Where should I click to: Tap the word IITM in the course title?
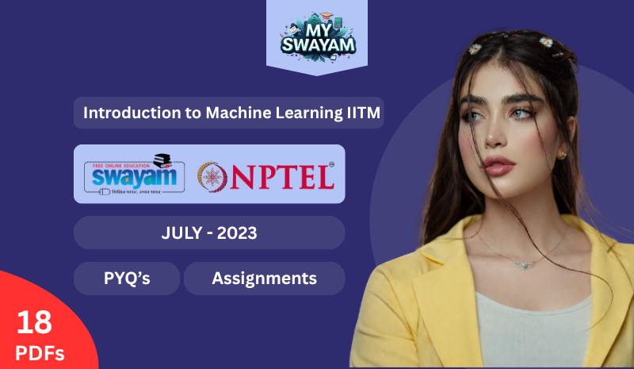pos(362,113)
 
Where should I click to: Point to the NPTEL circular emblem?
pos(212,176)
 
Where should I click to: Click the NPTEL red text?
pos(281,177)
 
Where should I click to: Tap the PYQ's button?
pos(127,279)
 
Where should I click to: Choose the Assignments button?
pos(264,279)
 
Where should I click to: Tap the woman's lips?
pos(499,165)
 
